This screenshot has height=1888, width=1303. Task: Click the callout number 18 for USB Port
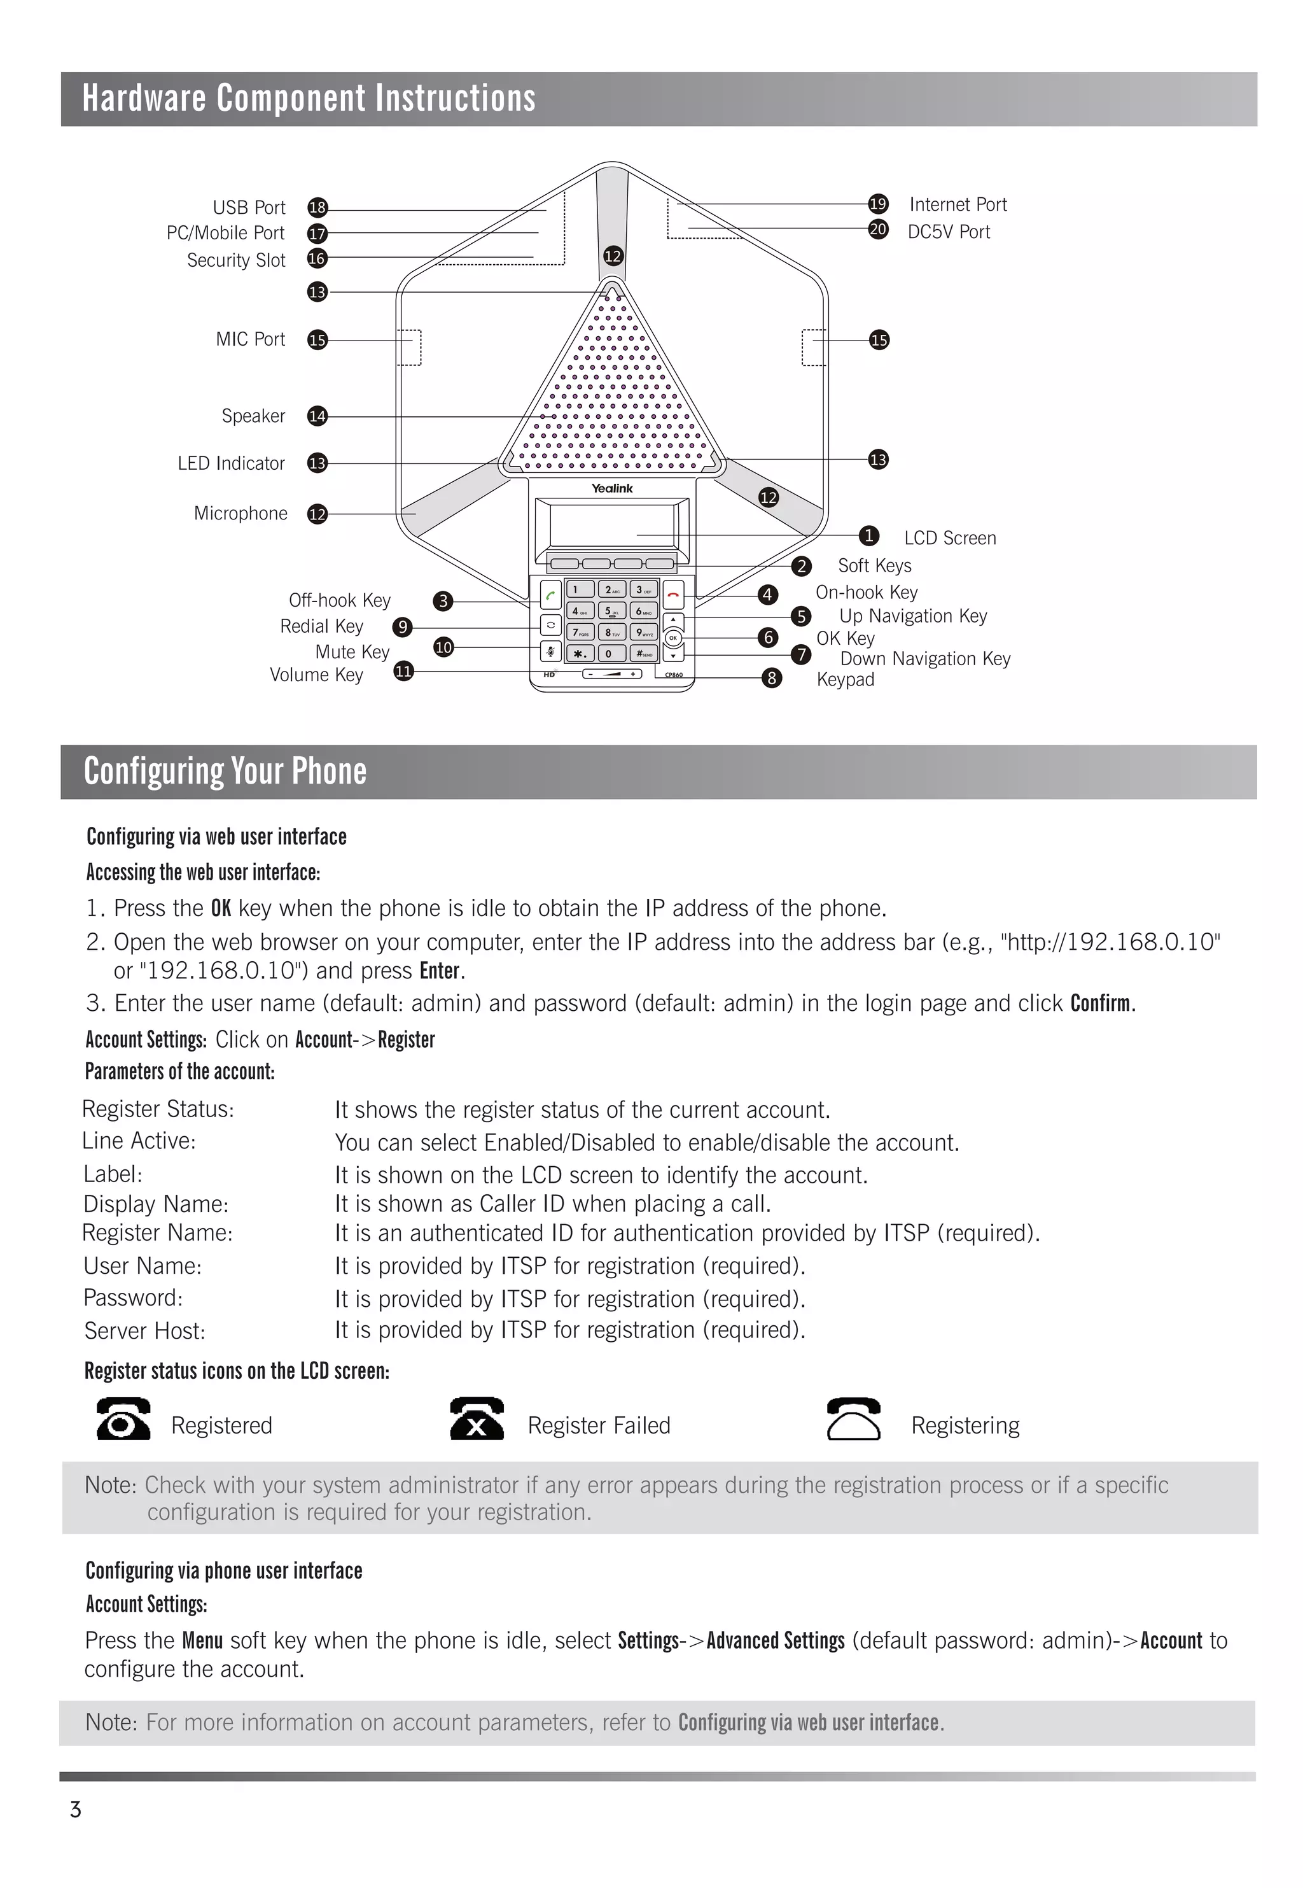tap(317, 208)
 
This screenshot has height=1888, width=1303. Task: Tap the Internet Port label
tap(958, 205)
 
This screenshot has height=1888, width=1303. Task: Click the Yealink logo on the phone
tap(612, 488)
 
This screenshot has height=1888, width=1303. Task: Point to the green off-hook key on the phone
tap(551, 595)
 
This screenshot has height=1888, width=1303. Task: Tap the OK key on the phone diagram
tap(672, 638)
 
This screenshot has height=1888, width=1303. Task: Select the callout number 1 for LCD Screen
tap(868, 536)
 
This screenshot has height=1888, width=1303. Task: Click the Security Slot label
tap(236, 260)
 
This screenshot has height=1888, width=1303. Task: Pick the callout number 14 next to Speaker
tap(317, 416)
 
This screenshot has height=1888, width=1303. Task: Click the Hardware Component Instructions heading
tap(309, 99)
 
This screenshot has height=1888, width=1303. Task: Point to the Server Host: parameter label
tap(144, 1332)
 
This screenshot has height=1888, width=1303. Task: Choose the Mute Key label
tap(352, 652)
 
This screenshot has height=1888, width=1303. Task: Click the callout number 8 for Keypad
tap(772, 678)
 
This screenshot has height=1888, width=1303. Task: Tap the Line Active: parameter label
tap(139, 1141)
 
